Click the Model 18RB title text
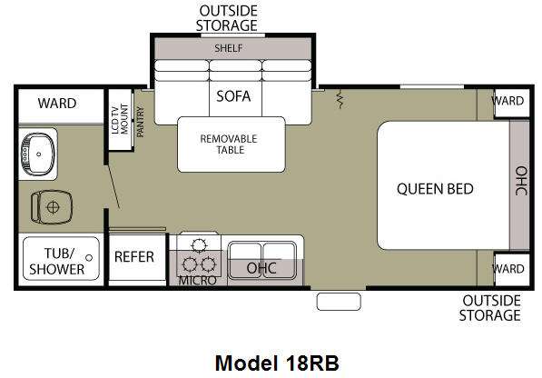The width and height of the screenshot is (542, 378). click(277, 363)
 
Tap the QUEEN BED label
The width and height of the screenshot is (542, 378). click(435, 189)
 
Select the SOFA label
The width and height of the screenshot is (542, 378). click(233, 95)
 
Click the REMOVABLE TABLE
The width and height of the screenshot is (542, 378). click(232, 144)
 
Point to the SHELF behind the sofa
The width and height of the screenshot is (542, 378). click(232, 48)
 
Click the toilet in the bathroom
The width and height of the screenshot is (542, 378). click(52, 207)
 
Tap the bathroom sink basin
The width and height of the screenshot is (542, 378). click(38, 154)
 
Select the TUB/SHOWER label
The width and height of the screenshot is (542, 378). click(56, 261)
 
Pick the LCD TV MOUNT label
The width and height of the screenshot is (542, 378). click(120, 119)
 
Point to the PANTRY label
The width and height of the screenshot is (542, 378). click(141, 122)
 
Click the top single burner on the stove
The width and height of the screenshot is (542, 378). click(199, 245)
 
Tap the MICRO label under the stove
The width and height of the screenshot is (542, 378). click(198, 281)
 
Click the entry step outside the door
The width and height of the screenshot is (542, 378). click(339, 302)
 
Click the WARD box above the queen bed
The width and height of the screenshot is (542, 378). click(512, 103)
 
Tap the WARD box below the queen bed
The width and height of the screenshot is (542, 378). click(512, 270)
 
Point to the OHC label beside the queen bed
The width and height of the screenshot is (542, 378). click(521, 181)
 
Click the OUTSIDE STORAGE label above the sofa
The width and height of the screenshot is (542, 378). click(227, 18)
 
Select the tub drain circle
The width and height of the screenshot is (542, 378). click(89, 258)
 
